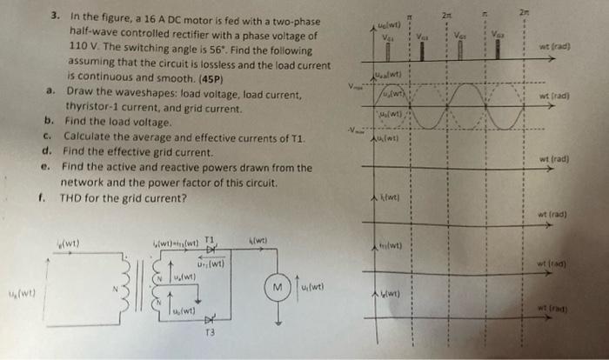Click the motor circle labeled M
pos(276,286)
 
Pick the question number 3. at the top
pos(55,15)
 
